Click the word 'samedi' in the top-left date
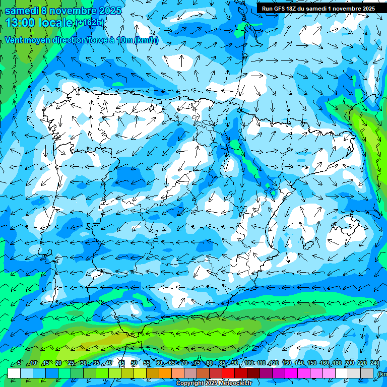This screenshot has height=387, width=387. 23,10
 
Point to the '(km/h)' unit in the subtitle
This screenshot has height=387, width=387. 146,40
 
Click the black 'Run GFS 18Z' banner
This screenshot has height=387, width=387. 317,9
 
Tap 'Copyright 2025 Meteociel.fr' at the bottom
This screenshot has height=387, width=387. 214,383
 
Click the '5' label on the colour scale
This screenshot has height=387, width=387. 19,363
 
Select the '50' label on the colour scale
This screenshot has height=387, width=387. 134,363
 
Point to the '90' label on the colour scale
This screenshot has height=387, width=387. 235,363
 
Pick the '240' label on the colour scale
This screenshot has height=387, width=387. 374,363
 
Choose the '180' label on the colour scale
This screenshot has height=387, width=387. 337,363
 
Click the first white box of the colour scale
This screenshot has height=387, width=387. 14,373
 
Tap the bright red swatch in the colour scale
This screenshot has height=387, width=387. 228,373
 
